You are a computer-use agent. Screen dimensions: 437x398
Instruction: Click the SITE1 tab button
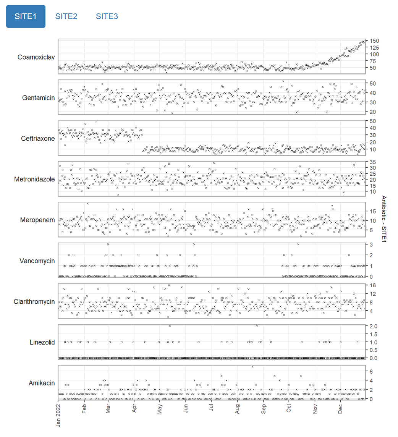26,16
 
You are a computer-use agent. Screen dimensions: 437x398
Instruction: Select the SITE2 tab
66,16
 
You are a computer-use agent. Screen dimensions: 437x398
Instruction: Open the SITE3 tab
107,16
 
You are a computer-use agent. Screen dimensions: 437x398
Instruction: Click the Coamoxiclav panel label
36,57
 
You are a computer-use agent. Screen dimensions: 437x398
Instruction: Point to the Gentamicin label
38,98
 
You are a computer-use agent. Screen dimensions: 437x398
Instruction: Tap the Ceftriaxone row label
38,139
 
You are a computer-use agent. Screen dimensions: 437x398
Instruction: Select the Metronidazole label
34,179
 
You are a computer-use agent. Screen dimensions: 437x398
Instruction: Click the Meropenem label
37,220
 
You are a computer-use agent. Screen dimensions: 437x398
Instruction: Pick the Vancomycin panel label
37,261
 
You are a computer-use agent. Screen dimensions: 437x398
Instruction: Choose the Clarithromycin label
34,302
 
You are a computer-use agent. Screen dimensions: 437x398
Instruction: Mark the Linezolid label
42,342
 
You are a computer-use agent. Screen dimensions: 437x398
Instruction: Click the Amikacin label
42,383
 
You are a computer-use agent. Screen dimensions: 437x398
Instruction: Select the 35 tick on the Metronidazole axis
372,162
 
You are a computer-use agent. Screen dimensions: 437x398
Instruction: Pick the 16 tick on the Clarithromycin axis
372,285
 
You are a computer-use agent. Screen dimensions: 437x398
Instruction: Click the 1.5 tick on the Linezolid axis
373,334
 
